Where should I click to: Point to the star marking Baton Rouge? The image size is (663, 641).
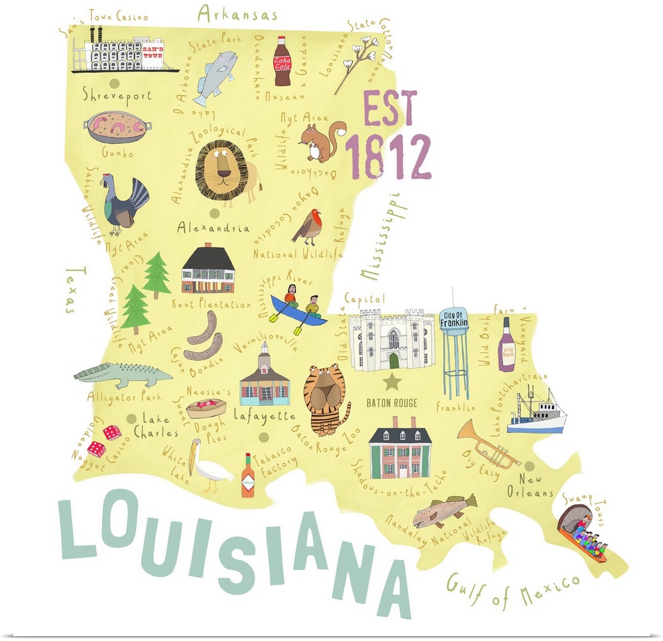(x=392, y=381)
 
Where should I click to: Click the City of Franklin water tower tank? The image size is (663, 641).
(x=454, y=327)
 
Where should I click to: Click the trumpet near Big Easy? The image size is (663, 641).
(x=488, y=443)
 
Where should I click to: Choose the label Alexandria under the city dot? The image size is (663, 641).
(x=213, y=229)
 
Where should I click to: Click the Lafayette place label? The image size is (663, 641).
(x=264, y=416)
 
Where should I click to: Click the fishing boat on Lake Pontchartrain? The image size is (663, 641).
(x=537, y=410)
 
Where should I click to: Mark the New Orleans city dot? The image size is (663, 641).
(x=529, y=466)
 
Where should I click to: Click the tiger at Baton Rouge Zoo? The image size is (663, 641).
(x=327, y=400)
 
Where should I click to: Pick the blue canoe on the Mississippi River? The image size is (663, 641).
(x=298, y=312)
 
